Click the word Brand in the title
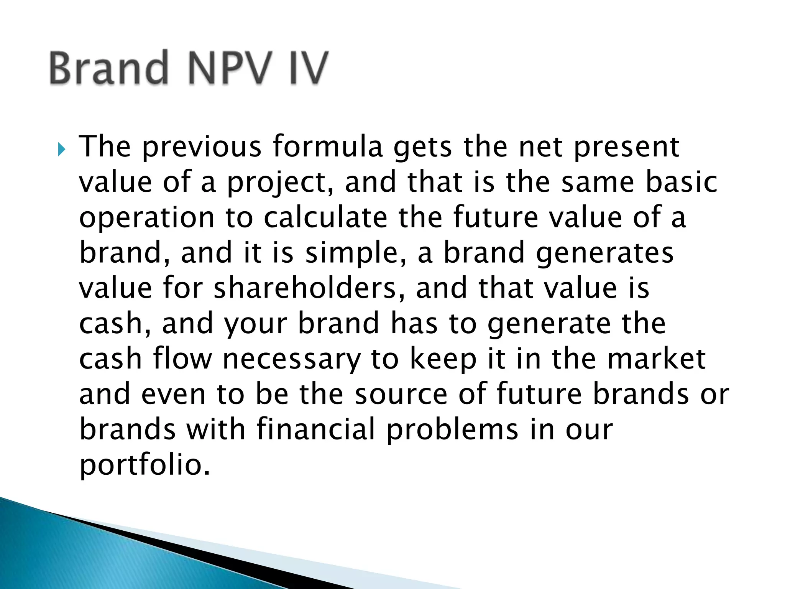tap(108, 68)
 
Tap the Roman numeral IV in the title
tap(307, 68)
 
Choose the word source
tap(401, 395)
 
